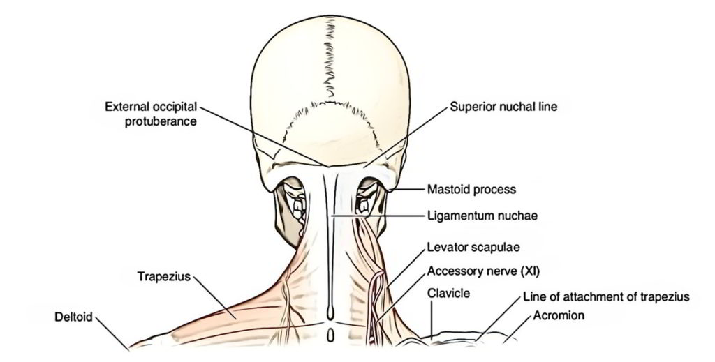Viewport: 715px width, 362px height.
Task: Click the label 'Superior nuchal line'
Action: [503, 107]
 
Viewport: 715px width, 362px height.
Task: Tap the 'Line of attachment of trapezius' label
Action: [606, 297]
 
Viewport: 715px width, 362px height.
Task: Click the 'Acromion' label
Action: [559, 315]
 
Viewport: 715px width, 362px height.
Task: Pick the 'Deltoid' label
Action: [73, 316]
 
